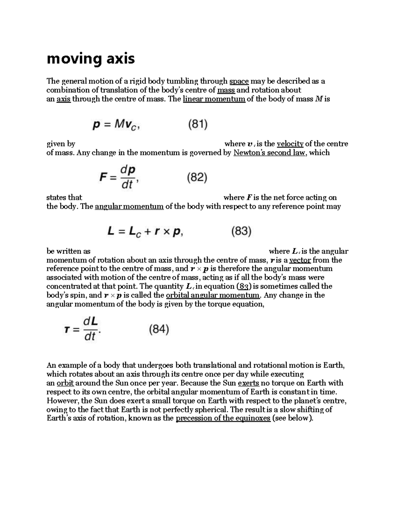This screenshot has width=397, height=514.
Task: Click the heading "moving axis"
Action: pyautogui.click(x=91, y=59)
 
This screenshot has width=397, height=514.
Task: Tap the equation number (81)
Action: pyautogui.click(x=198, y=124)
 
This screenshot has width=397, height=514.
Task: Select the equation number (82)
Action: pyautogui.click(x=197, y=178)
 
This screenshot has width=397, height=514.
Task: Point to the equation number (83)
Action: pyautogui.click(x=241, y=231)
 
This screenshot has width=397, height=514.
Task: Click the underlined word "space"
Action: pyautogui.click(x=239, y=81)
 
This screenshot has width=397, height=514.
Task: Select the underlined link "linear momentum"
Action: pyautogui.click(x=214, y=99)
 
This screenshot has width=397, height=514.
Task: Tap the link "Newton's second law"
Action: pyautogui.click(x=269, y=153)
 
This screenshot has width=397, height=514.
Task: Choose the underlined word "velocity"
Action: pyautogui.click(x=290, y=144)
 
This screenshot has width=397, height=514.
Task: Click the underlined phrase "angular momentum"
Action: pyautogui.click(x=129, y=207)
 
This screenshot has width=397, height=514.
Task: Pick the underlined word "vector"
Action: pyautogui.click(x=300, y=260)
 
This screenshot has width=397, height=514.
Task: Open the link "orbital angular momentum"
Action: pyautogui.click(x=213, y=295)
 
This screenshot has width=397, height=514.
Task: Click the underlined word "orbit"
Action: pyautogui.click(x=65, y=383)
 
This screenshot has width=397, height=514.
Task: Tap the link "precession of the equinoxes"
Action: pyautogui.click(x=223, y=418)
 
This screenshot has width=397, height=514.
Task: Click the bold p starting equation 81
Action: pyautogui.click(x=96, y=125)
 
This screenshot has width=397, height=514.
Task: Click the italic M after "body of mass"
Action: pyautogui.click(x=318, y=99)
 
